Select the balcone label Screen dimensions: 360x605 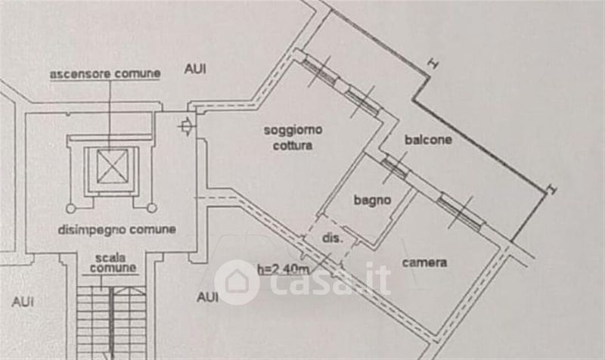click(429, 140)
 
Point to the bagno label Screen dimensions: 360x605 click(372, 200)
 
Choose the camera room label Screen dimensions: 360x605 click(424, 263)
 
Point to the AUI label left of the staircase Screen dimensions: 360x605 click(23, 301)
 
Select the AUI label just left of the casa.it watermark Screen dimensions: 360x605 click(208, 297)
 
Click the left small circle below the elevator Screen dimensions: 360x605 click(70, 206)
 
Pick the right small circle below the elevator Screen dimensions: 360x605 click(150, 206)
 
